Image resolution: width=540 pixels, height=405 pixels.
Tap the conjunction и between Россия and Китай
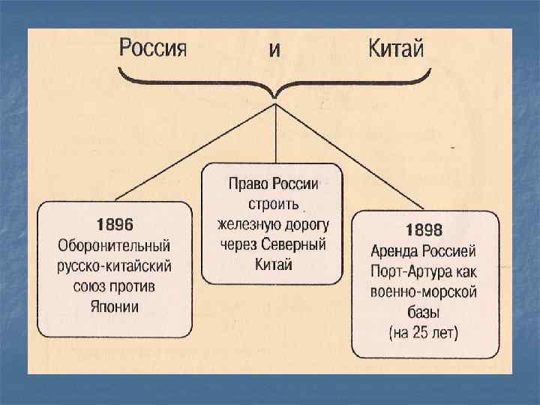click(275, 51)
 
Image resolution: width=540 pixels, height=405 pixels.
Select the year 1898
click(424, 230)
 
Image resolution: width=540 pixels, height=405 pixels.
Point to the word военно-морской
click(424, 291)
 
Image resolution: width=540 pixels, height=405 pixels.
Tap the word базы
click(424, 311)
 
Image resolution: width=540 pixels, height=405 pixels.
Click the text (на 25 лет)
click(424, 331)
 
